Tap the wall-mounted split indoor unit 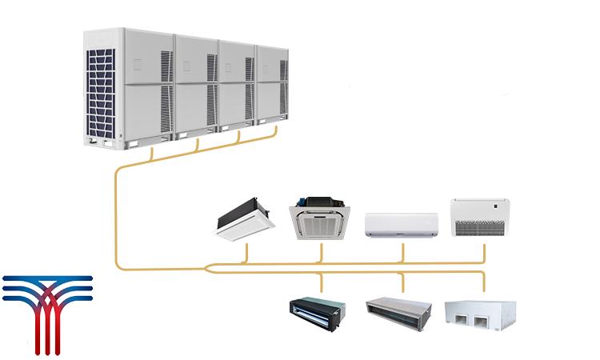point(402,225)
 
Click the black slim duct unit point(318,314)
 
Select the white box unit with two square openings point(480,316)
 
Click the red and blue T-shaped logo point(46,312)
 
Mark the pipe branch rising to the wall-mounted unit point(402,251)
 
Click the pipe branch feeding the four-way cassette point(322,252)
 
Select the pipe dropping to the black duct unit point(322,285)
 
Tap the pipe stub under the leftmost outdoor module point(154,151)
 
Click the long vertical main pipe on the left point(117,216)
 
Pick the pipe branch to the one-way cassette point(247,253)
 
